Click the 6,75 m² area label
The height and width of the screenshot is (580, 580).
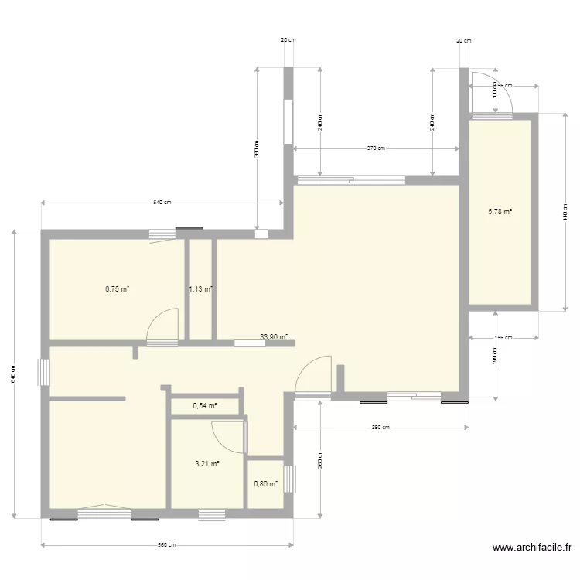pos(117,290)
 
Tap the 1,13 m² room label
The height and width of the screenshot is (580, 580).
pos(201,290)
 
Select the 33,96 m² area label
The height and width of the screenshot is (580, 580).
pos(274,337)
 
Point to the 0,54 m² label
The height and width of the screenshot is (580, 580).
pos(204,405)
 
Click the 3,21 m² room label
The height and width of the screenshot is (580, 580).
pos(207,464)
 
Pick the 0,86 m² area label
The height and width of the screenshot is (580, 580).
pos(265,484)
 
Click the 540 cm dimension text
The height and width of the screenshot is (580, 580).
pos(162,203)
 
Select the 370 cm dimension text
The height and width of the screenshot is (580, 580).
pos(376,148)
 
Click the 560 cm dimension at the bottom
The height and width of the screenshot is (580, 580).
pos(167,545)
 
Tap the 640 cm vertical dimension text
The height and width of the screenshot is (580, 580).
pos(14,374)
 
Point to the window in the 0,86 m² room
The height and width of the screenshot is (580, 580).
pos(289,478)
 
